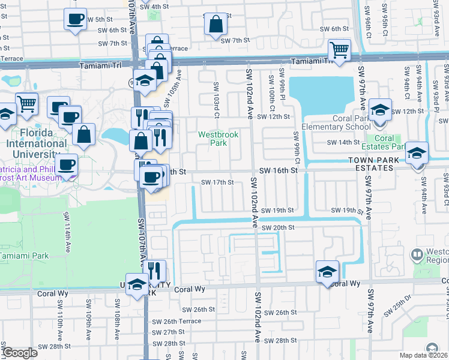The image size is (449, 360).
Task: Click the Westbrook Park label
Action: (x=218, y=139)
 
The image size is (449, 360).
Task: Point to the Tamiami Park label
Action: (x=24, y=255)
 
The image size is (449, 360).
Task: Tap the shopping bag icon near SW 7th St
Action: (x=215, y=25)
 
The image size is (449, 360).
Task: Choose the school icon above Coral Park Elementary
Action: (x=380, y=110)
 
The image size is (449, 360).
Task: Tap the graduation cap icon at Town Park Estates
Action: (x=417, y=153)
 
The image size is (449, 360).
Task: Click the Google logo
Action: (x=20, y=353)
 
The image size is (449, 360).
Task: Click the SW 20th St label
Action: (x=282, y=227)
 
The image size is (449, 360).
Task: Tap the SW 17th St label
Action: (x=217, y=182)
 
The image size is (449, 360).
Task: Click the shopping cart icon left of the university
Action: (x=27, y=104)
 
